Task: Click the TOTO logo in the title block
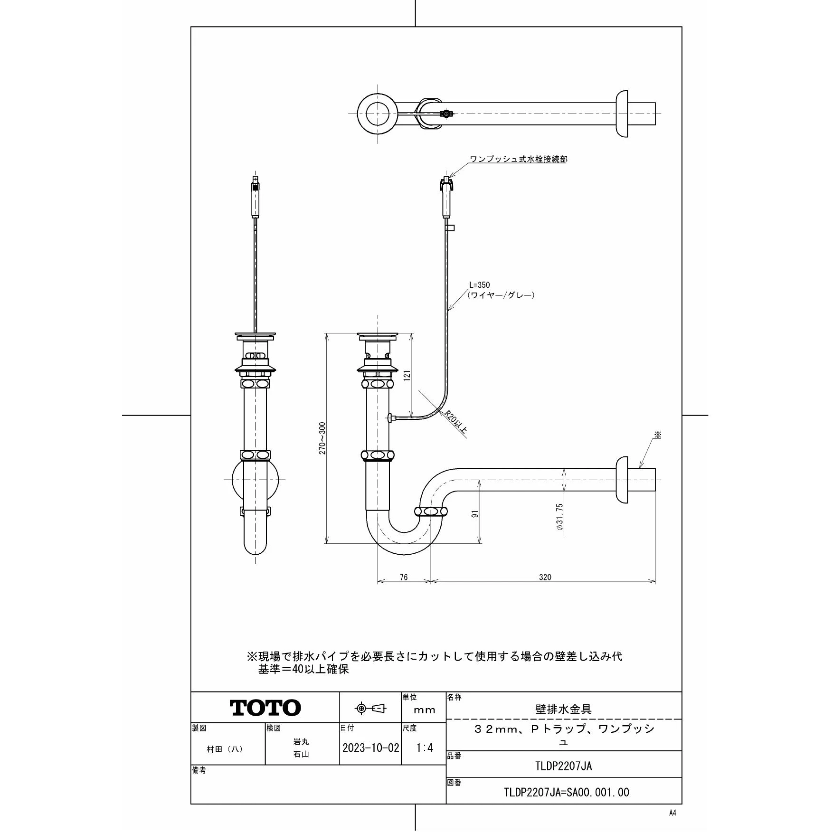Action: (x=265, y=707)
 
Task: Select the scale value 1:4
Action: (x=425, y=748)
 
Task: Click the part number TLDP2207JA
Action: (x=564, y=766)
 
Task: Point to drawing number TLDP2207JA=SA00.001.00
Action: (x=566, y=792)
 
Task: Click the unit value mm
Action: (x=424, y=710)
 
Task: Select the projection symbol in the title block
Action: (x=370, y=709)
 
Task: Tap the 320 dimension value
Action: (x=545, y=577)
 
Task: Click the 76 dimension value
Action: (x=404, y=577)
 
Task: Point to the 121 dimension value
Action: (x=407, y=376)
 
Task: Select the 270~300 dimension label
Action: (x=322, y=438)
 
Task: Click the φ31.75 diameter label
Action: (x=559, y=517)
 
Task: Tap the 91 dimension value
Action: (x=476, y=513)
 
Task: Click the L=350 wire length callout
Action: (x=479, y=285)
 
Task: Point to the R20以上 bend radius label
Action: (x=456, y=422)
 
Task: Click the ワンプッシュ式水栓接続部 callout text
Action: (x=518, y=159)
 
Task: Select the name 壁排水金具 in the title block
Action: (x=563, y=710)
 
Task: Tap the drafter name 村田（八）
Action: (x=225, y=749)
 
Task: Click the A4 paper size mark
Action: (x=672, y=813)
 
